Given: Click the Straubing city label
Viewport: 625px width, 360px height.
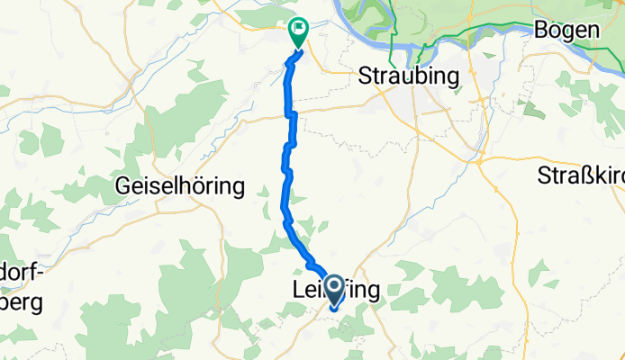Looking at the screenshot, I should point(410,76).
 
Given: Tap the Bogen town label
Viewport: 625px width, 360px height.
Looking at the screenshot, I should point(566,30).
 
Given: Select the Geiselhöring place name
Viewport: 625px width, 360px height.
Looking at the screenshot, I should point(181,186).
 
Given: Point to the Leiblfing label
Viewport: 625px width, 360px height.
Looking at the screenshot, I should point(335,290).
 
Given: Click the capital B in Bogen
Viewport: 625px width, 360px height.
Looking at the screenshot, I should point(541,30).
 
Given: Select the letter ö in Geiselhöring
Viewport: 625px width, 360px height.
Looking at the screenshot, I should point(204,186).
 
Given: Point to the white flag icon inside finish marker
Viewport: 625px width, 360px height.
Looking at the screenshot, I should point(297,30).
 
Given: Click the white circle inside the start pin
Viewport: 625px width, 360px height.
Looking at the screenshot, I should point(333,287).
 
